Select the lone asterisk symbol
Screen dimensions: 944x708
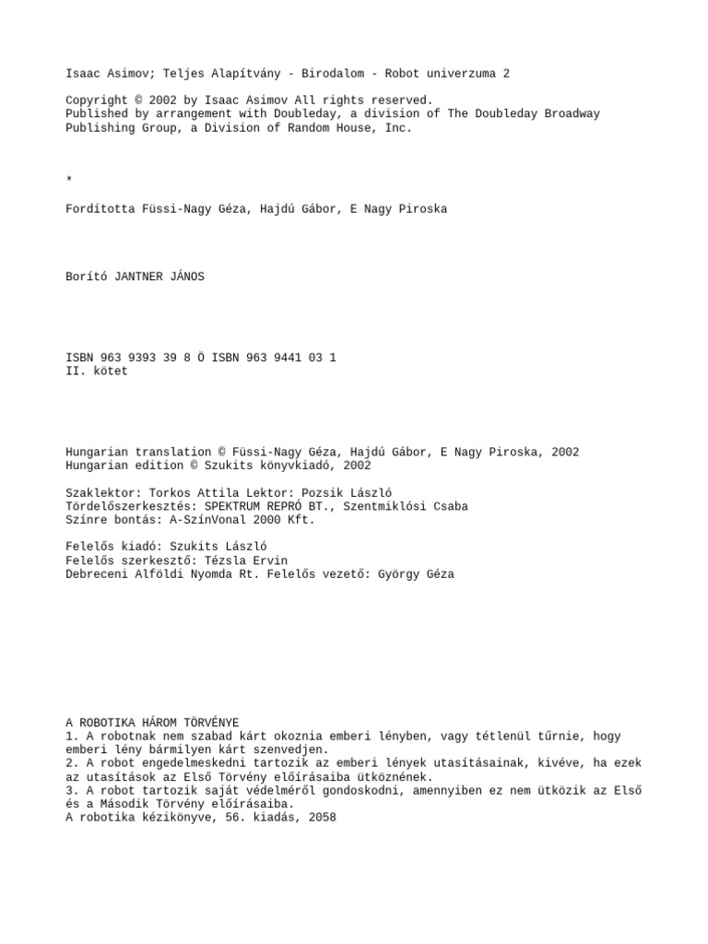click(69, 178)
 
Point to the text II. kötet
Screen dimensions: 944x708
click(97, 372)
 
